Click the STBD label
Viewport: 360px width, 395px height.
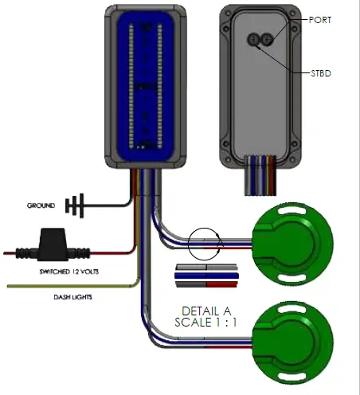point(322,73)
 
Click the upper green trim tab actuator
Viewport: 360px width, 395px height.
point(292,236)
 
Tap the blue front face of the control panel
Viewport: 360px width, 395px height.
point(145,85)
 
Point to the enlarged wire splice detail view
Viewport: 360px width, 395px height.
point(205,275)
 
